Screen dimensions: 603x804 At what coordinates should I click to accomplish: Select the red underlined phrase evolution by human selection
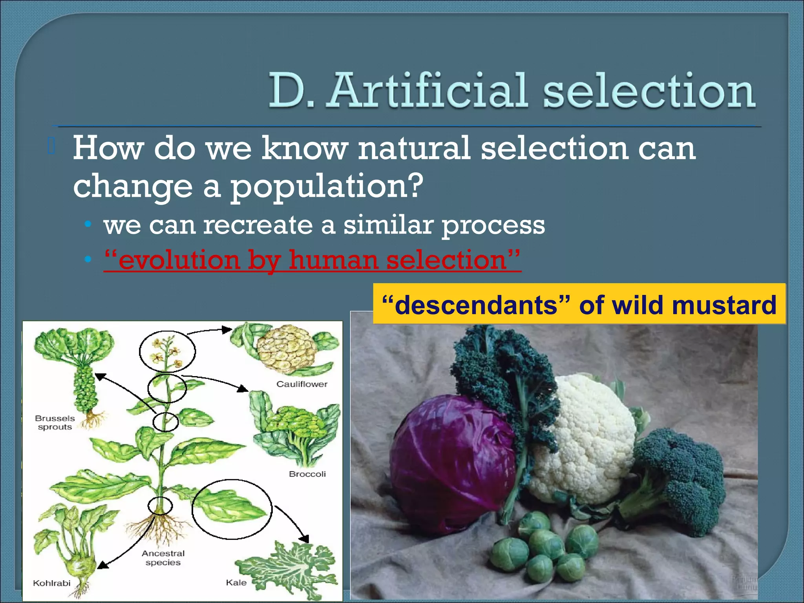312,260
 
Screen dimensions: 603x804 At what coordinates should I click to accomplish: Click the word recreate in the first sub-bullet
258,225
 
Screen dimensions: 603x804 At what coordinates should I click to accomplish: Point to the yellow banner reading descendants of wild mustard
579,305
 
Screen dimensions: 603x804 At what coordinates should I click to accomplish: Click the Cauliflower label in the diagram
301,384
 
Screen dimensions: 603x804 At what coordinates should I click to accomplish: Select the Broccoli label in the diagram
307,474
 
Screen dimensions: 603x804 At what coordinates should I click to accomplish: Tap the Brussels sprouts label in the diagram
55,423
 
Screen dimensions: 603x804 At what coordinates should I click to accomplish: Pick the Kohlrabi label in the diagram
51,583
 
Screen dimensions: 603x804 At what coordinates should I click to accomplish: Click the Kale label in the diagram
236,583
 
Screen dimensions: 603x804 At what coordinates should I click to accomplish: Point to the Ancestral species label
163,558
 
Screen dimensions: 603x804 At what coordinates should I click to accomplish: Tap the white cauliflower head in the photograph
585,436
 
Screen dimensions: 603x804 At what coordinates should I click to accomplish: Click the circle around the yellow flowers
167,351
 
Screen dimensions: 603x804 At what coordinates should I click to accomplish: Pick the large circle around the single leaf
232,509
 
